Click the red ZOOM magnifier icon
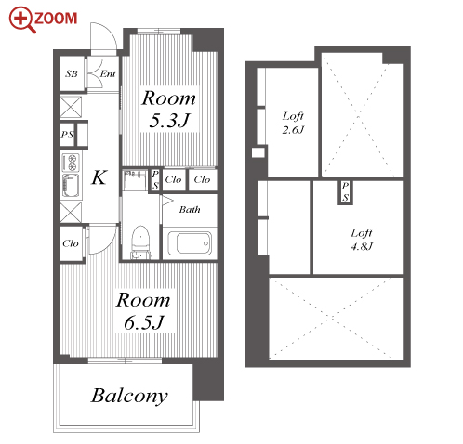22,20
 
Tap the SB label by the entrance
72,73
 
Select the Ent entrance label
108,73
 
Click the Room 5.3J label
169,109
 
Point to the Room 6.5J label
143,311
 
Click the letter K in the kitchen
99,177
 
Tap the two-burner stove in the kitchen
71,163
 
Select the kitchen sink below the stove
71,186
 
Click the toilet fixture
140,242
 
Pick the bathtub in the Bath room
190,242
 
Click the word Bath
190,210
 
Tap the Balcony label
129,397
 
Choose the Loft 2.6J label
293,123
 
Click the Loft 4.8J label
362,240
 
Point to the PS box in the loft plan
345,192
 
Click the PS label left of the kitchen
67,135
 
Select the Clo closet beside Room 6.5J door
71,243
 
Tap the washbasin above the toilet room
135,179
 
